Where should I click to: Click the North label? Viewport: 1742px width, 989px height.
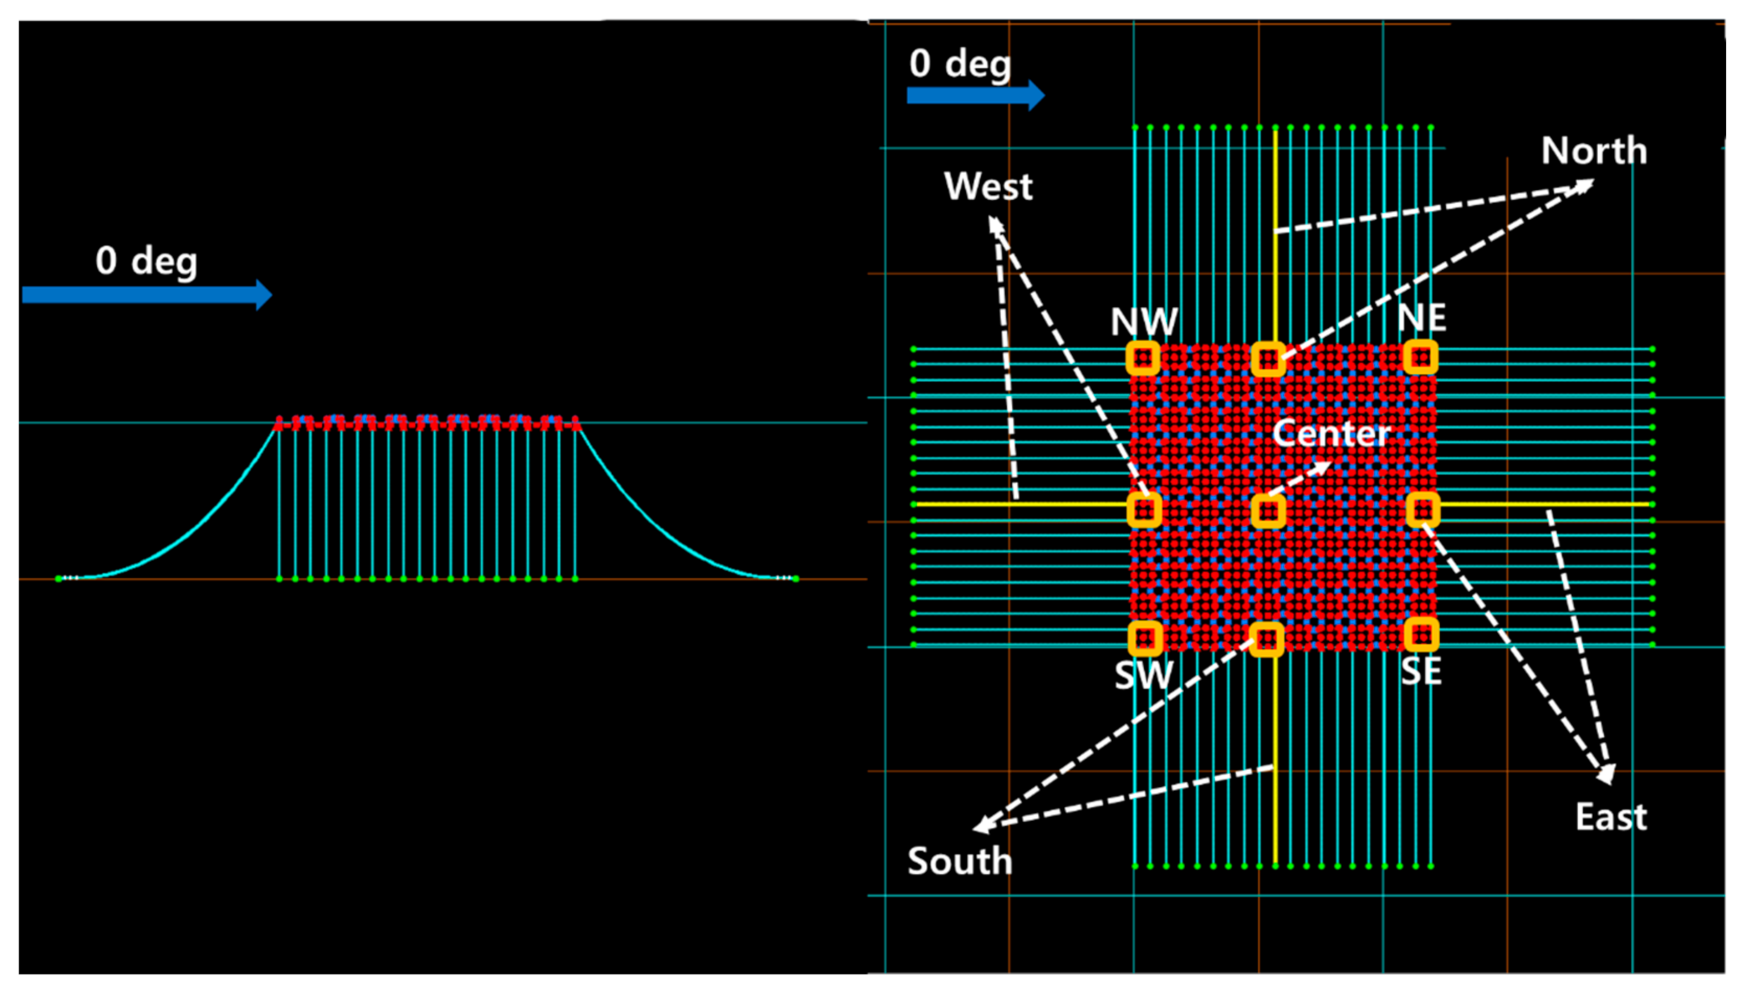[1593, 150]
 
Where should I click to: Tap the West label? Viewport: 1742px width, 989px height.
[988, 186]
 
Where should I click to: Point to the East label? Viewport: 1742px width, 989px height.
[1611, 817]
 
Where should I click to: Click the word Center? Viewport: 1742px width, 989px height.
[1331, 433]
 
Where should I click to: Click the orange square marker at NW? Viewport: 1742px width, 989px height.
[1143, 358]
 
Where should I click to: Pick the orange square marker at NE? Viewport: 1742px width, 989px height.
[1421, 357]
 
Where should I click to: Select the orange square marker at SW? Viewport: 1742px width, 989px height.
[1145, 638]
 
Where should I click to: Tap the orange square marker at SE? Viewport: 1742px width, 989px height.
[1421, 634]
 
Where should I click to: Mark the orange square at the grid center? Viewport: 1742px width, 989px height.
[1268, 511]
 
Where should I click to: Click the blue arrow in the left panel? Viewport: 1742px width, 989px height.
[147, 295]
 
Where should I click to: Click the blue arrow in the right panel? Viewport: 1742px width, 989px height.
[975, 95]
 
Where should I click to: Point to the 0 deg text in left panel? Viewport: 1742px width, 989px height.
[146, 261]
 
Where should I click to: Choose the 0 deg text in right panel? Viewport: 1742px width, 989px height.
[960, 64]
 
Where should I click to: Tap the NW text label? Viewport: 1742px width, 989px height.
[1144, 322]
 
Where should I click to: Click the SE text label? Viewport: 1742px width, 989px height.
[1421, 671]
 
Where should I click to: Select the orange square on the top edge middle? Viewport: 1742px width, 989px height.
[1268, 359]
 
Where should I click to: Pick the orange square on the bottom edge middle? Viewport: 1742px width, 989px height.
[1266, 639]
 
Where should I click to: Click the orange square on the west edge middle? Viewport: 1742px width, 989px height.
[1144, 510]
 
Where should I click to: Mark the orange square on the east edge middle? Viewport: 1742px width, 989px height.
[1422, 510]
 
